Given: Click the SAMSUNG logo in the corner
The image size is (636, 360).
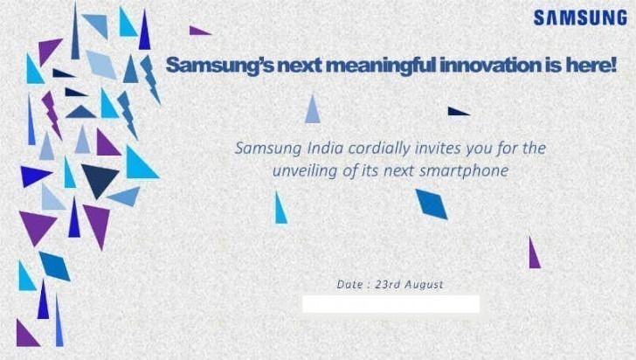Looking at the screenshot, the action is [x=580, y=18].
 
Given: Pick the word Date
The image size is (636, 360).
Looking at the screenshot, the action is [x=349, y=284].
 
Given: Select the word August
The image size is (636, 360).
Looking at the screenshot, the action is [x=424, y=285].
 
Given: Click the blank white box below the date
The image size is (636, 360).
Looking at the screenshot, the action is [x=391, y=304].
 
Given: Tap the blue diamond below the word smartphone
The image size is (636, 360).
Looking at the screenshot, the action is [x=432, y=204].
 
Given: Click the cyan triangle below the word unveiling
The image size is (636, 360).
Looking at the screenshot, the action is [x=280, y=209].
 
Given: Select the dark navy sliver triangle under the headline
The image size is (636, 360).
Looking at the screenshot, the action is [x=457, y=111].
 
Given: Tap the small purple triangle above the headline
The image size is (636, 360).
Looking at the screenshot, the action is [x=198, y=31].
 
